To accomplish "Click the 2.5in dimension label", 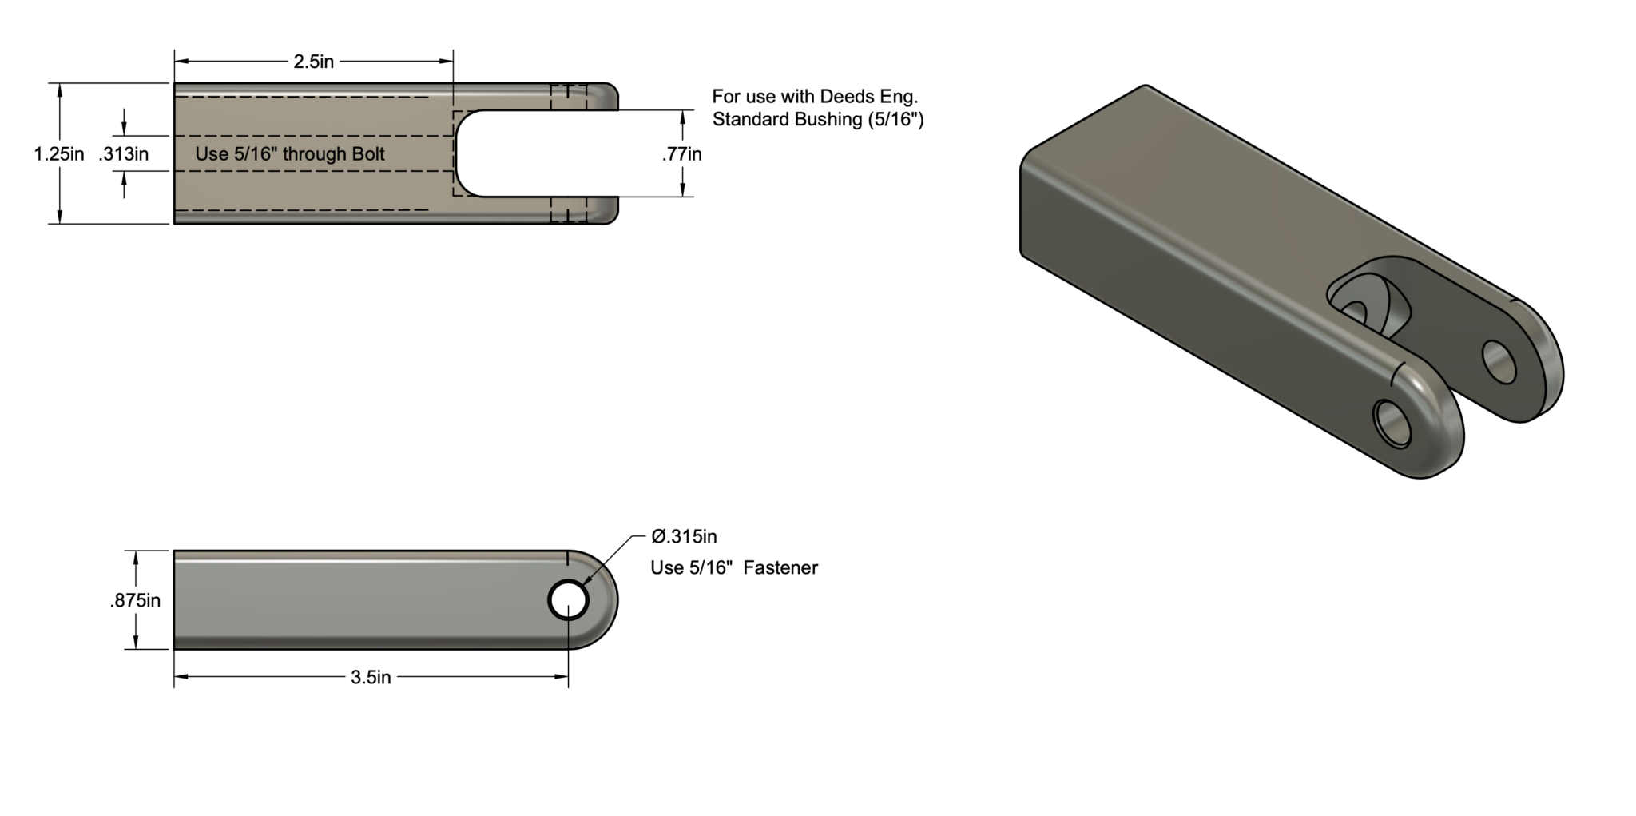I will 313,62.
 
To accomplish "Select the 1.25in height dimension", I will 58,153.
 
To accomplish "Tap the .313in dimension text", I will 124,153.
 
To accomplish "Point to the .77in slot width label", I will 681,153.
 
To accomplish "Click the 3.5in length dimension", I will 371,677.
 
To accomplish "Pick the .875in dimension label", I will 135,600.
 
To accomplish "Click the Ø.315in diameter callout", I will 684,536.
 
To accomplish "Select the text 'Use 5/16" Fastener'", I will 733,567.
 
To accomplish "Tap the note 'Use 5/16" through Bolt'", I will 290,153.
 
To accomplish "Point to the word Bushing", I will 827,120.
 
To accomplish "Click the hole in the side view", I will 568,599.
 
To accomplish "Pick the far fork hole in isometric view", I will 1499,361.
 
